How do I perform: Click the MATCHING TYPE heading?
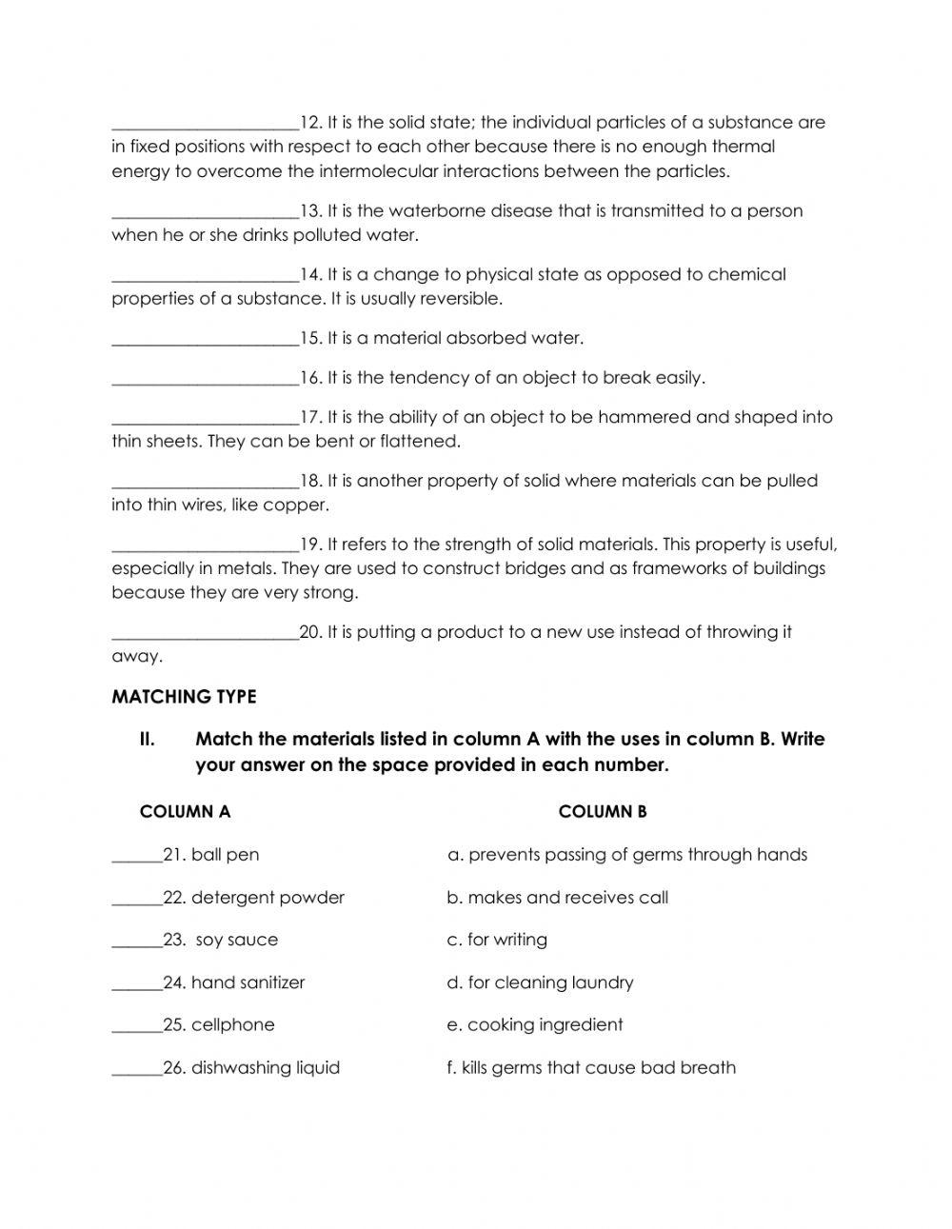(x=184, y=697)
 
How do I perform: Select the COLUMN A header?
(x=185, y=812)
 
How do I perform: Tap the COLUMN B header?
(x=603, y=812)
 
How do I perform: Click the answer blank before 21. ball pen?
(x=136, y=856)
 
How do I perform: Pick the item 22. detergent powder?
(x=253, y=898)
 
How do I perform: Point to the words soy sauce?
(x=237, y=941)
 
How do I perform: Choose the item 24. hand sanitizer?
(x=234, y=982)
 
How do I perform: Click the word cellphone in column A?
(x=232, y=1025)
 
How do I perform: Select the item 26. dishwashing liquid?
(x=251, y=1068)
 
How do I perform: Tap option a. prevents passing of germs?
(x=626, y=855)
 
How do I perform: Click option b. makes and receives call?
(x=557, y=898)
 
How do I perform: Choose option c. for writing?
(x=497, y=941)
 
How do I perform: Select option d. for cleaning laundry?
(x=540, y=982)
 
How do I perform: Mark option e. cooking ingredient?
(x=534, y=1025)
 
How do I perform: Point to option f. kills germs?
(x=590, y=1068)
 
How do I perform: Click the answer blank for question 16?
(x=205, y=379)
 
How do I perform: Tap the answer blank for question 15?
(x=205, y=339)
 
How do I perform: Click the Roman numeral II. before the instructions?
(x=147, y=740)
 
